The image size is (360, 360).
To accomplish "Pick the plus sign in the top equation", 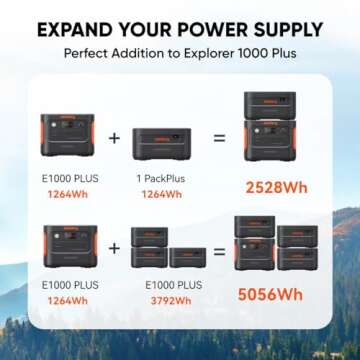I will coord(113,136).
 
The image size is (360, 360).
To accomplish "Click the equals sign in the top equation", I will coord(218,136).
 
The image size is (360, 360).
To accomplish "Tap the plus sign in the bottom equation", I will coord(113,245).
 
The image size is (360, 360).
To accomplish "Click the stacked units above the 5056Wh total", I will coord(277,245).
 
